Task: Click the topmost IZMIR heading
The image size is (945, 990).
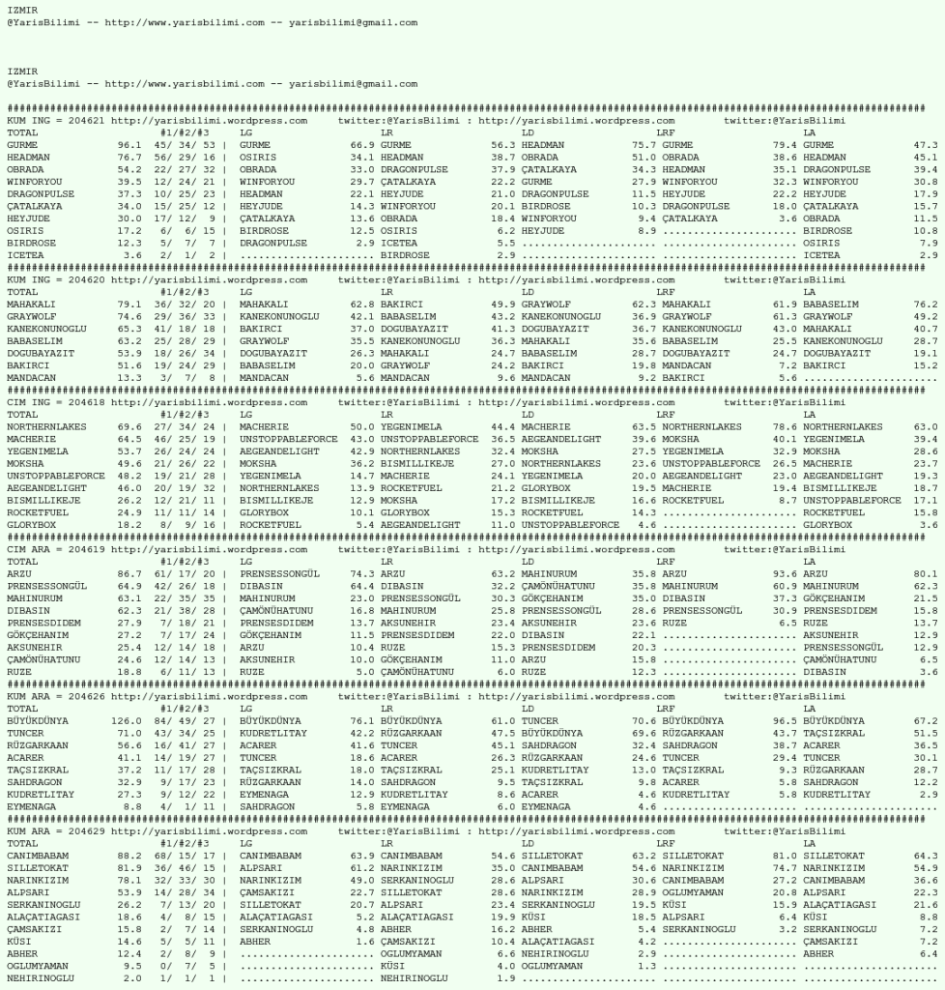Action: [21, 8]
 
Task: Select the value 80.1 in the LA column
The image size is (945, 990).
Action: [926, 573]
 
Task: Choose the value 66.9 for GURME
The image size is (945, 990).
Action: [362, 145]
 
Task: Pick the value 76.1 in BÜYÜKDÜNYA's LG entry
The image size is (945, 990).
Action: [362, 720]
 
